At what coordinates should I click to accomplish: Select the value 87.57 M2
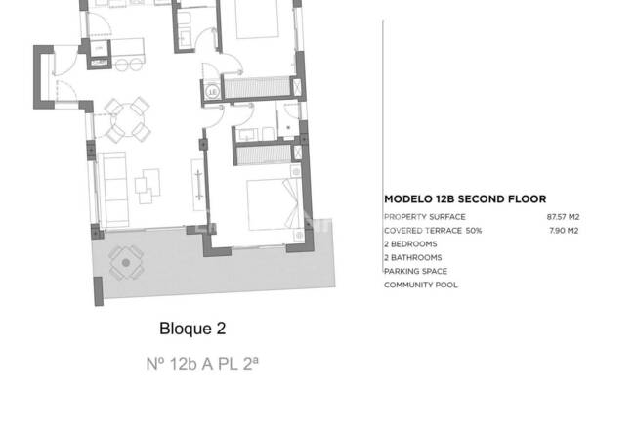click(x=562, y=216)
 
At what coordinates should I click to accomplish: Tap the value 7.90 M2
click(x=564, y=231)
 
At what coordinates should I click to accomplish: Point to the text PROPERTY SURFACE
click(x=424, y=216)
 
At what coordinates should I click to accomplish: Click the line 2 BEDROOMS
click(x=410, y=244)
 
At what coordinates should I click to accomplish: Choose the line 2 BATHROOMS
click(x=412, y=258)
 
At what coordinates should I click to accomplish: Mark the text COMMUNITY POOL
click(x=420, y=286)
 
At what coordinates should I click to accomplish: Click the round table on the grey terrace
click(x=124, y=261)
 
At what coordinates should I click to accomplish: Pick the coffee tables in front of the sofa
click(x=150, y=182)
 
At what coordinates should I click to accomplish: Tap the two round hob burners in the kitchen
click(x=123, y=63)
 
